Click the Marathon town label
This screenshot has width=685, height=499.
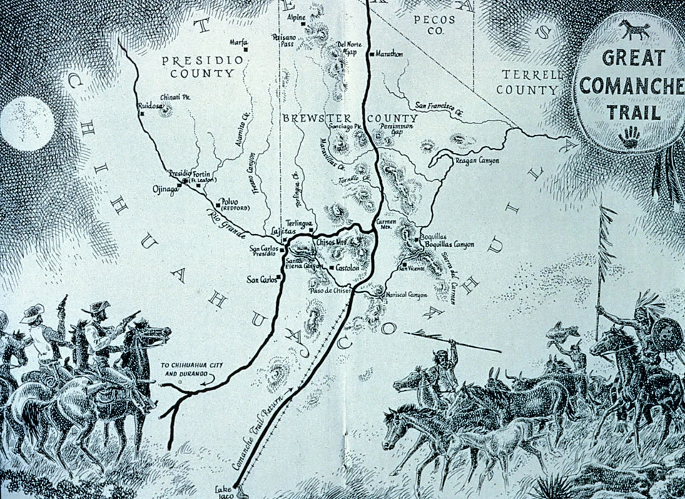point(389,54)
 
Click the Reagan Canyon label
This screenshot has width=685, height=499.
point(477,161)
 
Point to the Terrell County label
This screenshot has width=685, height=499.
point(532,82)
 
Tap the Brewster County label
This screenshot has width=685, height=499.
point(349,119)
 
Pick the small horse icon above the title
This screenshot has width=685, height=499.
point(634,29)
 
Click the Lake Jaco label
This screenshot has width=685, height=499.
point(225,490)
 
